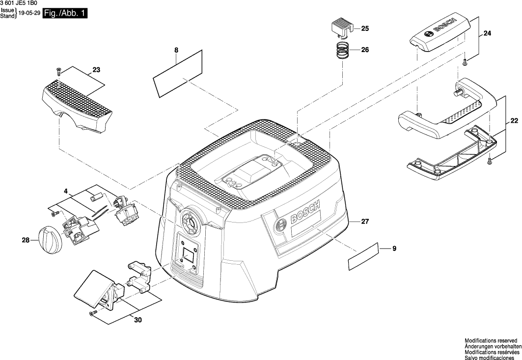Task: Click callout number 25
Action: point(365,29)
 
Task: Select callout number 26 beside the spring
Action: point(365,50)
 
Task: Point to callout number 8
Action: point(177,50)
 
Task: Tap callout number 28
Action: point(26,240)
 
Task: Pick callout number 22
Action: point(514,121)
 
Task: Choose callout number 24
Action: point(487,33)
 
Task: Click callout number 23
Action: point(96,70)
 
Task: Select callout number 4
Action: point(65,190)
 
